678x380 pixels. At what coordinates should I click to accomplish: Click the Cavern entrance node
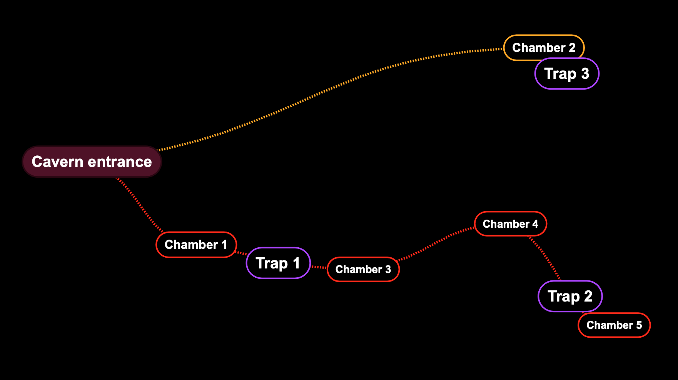coord(92,162)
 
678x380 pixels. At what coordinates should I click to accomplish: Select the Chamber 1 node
coord(196,245)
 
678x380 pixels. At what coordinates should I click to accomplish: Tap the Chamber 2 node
coord(544,48)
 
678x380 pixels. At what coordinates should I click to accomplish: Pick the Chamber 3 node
coord(363,269)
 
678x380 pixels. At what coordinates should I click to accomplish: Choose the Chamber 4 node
coord(511,224)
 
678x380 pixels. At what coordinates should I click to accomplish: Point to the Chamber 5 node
coord(614,325)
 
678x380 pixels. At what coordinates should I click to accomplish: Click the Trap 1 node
coord(278,263)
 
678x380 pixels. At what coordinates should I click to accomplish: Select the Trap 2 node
coord(570,296)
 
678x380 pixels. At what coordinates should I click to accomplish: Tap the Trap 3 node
coord(567,73)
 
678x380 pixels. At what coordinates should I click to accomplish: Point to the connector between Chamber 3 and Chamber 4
coord(435,243)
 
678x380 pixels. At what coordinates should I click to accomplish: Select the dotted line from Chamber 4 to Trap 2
coord(545,258)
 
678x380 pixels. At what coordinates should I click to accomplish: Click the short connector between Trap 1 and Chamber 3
coord(319,267)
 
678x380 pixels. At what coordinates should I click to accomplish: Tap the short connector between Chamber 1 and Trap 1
coord(241,253)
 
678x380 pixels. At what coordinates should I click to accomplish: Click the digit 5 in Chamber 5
coord(639,325)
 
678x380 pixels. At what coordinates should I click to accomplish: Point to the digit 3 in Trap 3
coord(585,73)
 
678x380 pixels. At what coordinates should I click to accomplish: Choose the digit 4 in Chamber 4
coord(535,224)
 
